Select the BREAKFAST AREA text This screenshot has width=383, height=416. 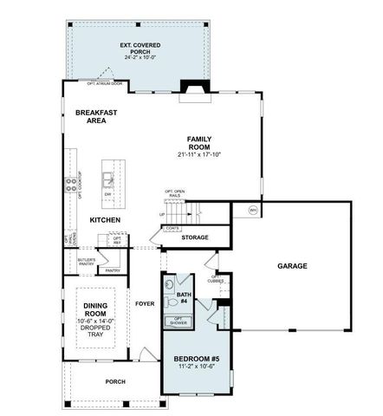[x=96, y=117]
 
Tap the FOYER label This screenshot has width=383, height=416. [x=144, y=303]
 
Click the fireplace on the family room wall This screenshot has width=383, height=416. [x=190, y=88]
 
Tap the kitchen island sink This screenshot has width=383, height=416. [x=107, y=179]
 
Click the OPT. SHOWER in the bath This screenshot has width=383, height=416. [x=179, y=322]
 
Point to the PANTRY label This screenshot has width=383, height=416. [x=112, y=270]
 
